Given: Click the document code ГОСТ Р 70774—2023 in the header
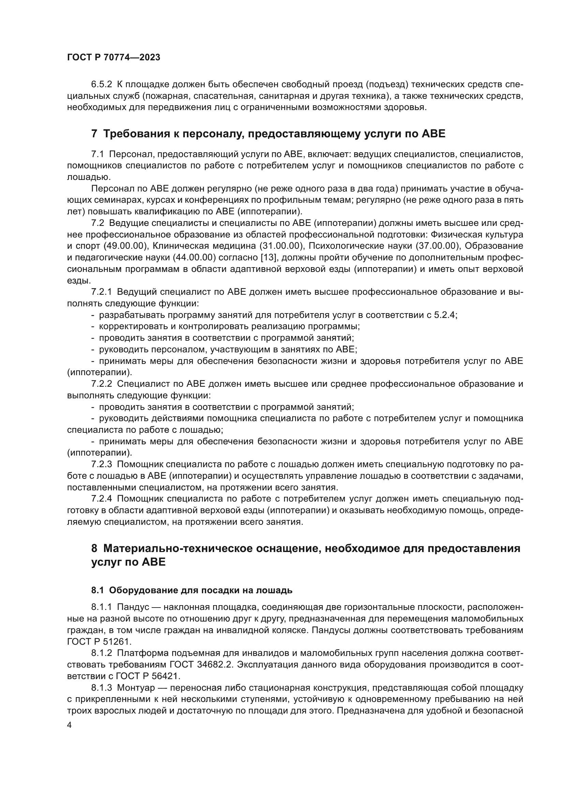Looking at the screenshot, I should (x=114, y=58).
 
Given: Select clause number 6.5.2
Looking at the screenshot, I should (x=101, y=85).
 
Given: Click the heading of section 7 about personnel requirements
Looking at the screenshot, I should (x=268, y=134).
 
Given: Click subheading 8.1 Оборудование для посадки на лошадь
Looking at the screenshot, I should (x=192, y=590).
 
